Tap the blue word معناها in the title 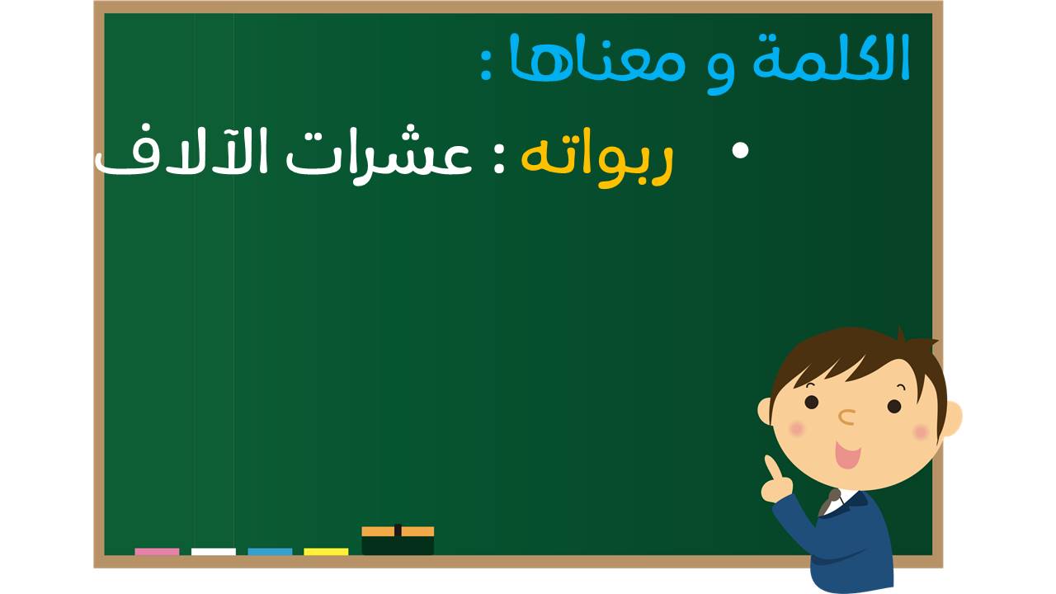[596, 57]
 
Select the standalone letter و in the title [720, 70]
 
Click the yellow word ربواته [596, 158]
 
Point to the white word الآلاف [181, 152]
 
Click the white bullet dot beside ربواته [740, 151]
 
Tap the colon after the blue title [487, 68]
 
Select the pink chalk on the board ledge [157, 552]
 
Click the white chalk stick [214, 552]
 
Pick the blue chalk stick [270, 552]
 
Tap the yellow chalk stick [326, 552]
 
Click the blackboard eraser [398, 540]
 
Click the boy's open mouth [847, 455]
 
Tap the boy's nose [846, 417]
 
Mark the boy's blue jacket [844, 542]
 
